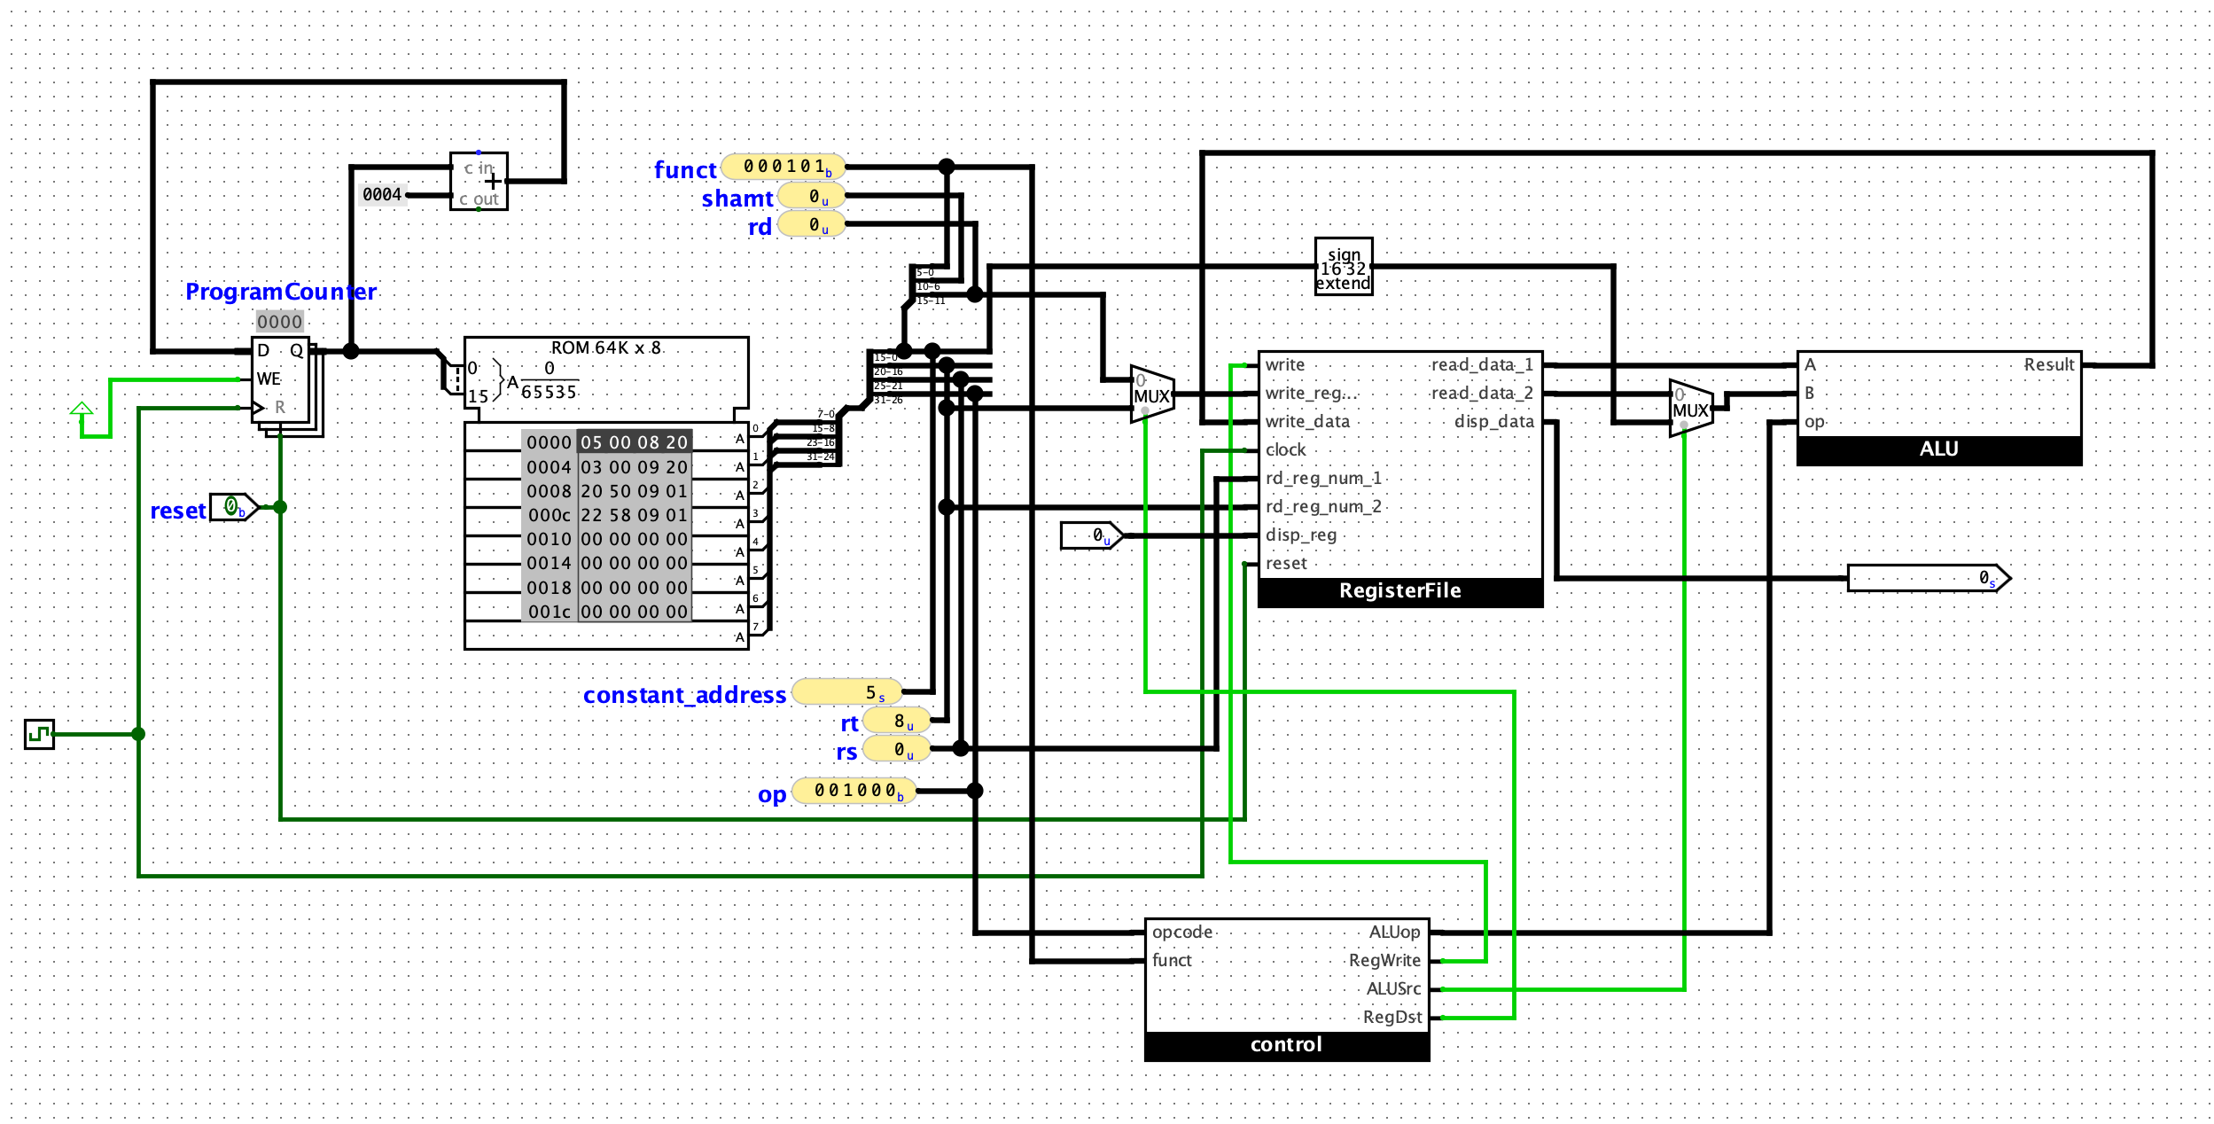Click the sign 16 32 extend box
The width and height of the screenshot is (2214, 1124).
pos(1343,267)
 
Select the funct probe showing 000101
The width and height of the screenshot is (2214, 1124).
pos(783,167)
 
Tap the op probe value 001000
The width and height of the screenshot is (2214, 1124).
pos(854,791)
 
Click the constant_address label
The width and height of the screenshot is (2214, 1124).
pos(684,695)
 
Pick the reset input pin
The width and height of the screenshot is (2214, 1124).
pos(233,507)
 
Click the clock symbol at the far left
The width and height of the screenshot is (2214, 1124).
pos(39,734)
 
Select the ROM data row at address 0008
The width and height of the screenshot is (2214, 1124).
pos(634,491)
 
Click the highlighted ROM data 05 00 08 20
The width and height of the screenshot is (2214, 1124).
pos(634,442)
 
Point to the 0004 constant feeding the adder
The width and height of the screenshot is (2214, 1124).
pos(382,194)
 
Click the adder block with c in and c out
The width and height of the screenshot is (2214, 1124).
pos(479,182)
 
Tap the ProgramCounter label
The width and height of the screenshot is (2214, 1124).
pos(280,292)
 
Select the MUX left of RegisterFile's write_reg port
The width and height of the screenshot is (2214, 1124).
pos(1151,394)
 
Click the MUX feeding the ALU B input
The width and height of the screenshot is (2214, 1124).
pos(1690,409)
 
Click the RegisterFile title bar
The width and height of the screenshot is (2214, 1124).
pos(1399,591)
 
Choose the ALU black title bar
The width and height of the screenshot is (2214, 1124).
pos(1938,449)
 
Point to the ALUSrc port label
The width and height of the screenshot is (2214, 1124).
pos(1393,988)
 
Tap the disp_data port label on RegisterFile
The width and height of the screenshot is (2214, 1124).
pos(1493,422)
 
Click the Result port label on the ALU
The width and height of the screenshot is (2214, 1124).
pos(2048,364)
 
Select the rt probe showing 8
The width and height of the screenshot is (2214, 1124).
pos(897,722)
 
